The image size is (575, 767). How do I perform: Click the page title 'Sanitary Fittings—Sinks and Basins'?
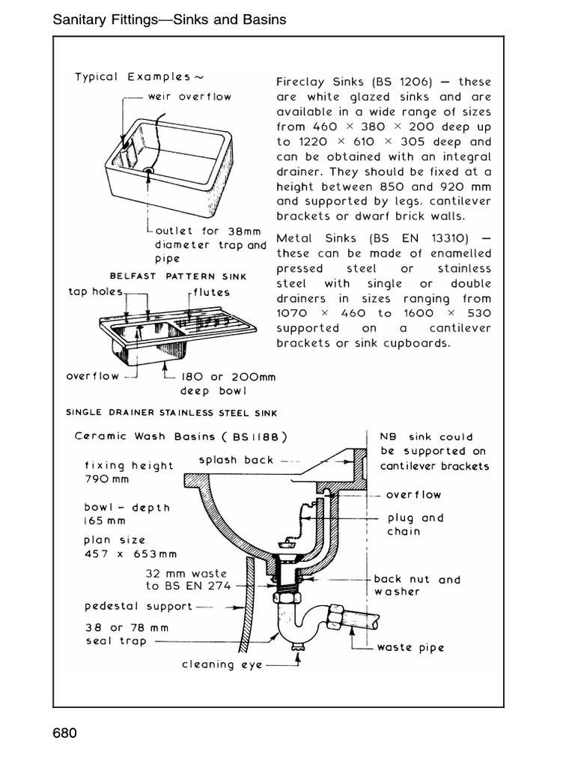tap(170, 19)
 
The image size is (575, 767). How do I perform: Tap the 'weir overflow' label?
tap(189, 96)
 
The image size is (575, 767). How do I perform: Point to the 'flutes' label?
tap(211, 292)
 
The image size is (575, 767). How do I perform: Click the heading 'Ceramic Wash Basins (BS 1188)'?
tap(180, 436)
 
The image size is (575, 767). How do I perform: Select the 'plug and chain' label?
tap(415, 524)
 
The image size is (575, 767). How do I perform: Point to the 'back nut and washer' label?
tap(417, 586)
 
